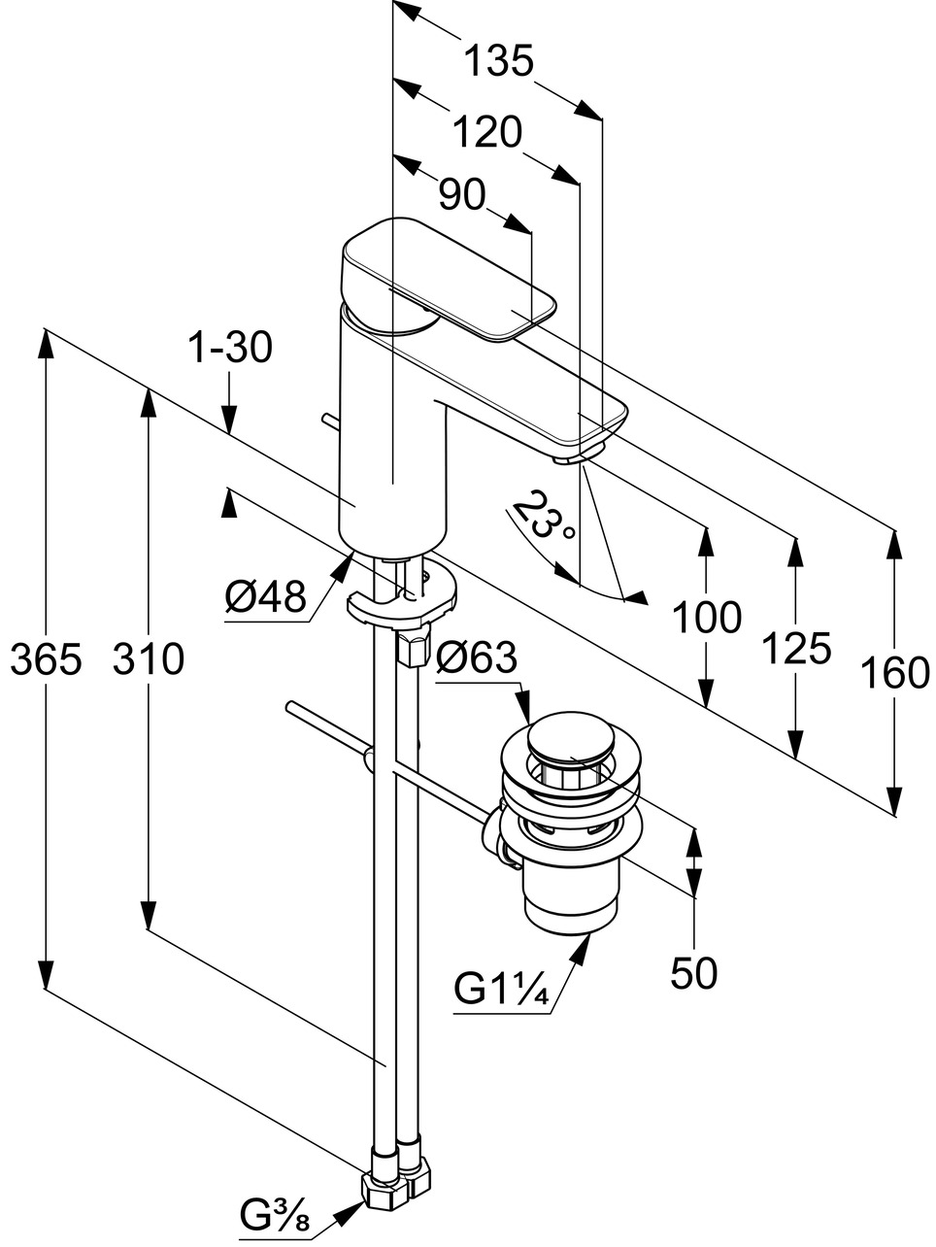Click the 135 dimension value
pyautogui.click(x=498, y=62)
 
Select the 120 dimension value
pyautogui.click(x=486, y=131)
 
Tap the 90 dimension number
pyautogui.click(x=461, y=195)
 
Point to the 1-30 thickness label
pyautogui.click(x=231, y=347)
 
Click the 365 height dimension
pyautogui.click(x=45, y=659)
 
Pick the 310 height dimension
pyautogui.click(x=148, y=659)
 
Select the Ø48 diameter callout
pyautogui.click(x=266, y=595)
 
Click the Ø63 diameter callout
pyautogui.click(x=477, y=659)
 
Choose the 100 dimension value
pyautogui.click(x=707, y=617)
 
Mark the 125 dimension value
pyautogui.click(x=796, y=648)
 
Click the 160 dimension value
pyautogui.click(x=895, y=672)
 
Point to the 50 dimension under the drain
pyautogui.click(x=694, y=972)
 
